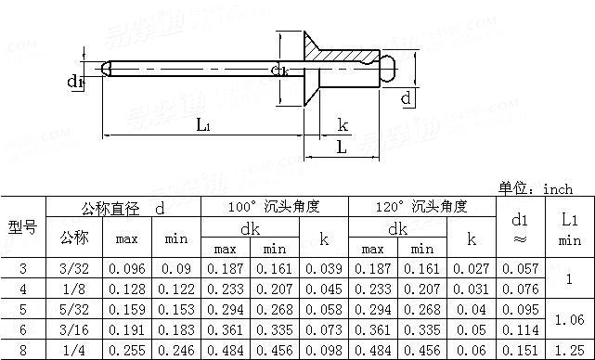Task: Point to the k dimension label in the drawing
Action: point(343,125)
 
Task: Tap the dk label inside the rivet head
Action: point(280,71)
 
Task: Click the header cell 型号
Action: point(23,227)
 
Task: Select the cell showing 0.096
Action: point(126,268)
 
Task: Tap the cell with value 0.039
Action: point(323,268)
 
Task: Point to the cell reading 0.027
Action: point(471,268)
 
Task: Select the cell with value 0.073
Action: point(323,330)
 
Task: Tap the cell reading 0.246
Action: point(175,351)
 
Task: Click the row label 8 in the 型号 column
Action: point(23,351)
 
